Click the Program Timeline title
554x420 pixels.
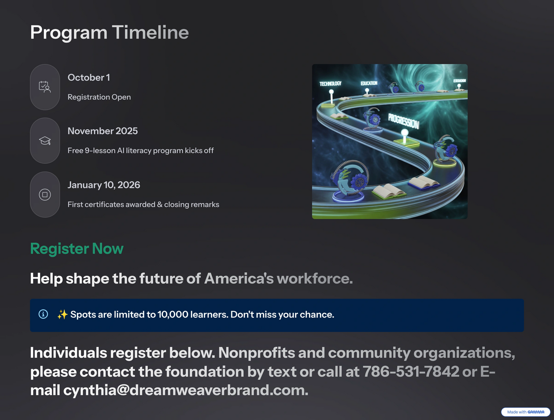[x=109, y=33]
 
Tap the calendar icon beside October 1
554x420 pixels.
[x=45, y=87]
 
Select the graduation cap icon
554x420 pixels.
[x=45, y=141]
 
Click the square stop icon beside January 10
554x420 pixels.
[x=45, y=195]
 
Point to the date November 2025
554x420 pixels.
[x=102, y=131]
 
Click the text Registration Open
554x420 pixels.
[x=99, y=97]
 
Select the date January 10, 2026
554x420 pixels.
[x=104, y=185]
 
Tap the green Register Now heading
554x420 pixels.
[x=77, y=249]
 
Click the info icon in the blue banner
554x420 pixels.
[x=43, y=314]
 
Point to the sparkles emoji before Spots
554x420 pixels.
[x=63, y=314]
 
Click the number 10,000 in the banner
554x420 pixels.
[x=173, y=315]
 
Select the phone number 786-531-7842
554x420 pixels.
[x=411, y=371]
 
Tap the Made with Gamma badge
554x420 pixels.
[x=525, y=412]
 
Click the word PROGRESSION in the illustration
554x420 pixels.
[x=403, y=121]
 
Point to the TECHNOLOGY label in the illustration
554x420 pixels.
[x=330, y=84]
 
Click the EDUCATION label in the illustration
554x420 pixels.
[x=369, y=83]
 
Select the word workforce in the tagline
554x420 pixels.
[x=314, y=279]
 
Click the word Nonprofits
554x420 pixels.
[x=256, y=353]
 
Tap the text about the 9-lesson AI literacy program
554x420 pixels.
[x=141, y=151]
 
